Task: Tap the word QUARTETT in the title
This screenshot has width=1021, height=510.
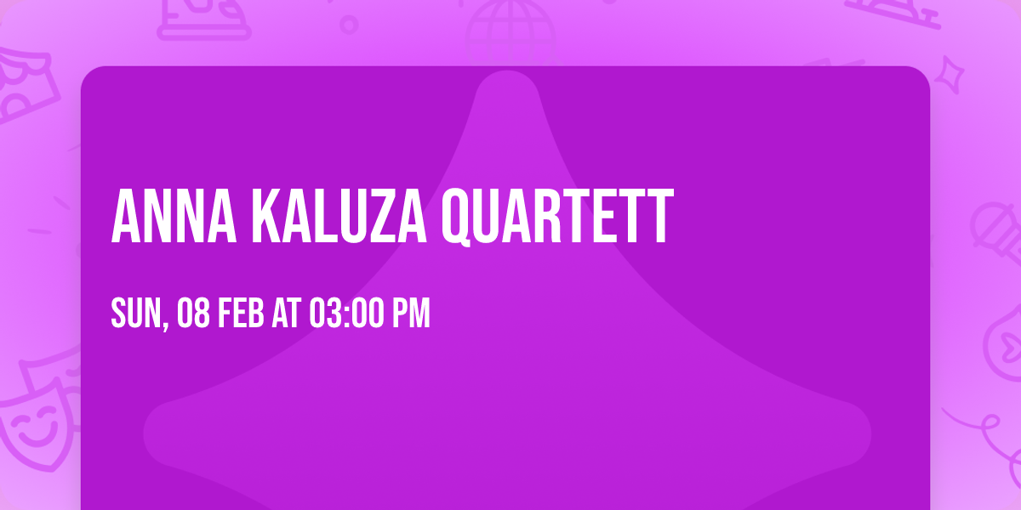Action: pyautogui.click(x=558, y=218)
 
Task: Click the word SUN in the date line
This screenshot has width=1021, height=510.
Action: pyautogui.click(x=134, y=314)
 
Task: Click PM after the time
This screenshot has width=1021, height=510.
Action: pyautogui.click(x=410, y=314)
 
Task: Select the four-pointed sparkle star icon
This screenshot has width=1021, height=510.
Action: pyautogui.click(x=955, y=71)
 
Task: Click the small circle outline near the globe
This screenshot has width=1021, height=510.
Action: pyautogui.click(x=349, y=24)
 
